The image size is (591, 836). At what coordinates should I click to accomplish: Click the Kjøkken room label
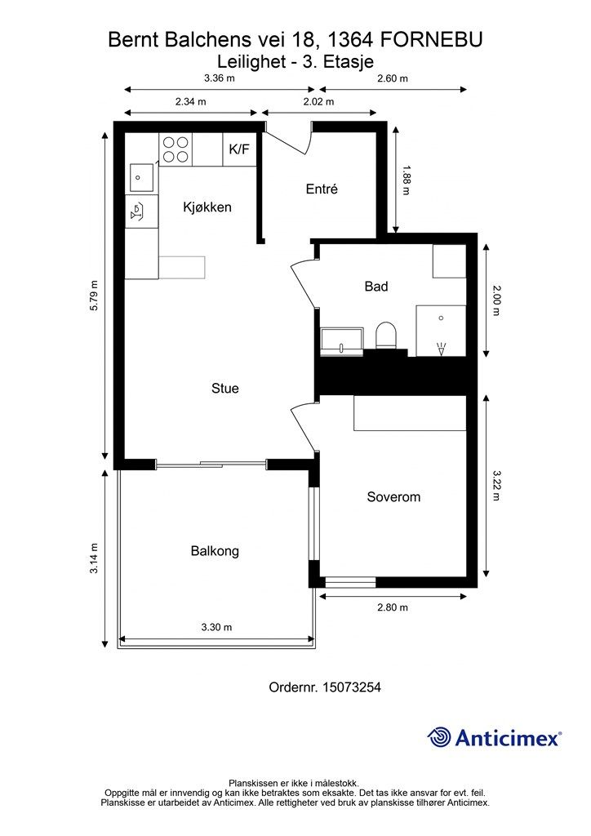point(207,207)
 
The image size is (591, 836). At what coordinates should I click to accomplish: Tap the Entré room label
point(322,189)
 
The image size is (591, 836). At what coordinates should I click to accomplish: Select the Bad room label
point(376,287)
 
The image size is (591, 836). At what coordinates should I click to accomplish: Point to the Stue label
point(224,388)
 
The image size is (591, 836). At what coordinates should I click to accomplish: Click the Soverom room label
point(393,497)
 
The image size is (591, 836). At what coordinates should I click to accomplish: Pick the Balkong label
point(215,551)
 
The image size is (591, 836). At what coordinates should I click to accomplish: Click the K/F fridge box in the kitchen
point(239,149)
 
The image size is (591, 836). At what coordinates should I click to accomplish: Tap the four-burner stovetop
point(176,149)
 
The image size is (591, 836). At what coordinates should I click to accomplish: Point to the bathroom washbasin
point(342,340)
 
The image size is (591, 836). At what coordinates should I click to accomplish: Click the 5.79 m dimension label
point(95,296)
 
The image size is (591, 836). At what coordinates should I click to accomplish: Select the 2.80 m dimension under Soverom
point(393,607)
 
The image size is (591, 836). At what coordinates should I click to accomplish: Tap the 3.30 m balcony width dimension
point(216,627)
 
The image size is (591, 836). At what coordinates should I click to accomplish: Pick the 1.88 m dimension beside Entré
point(406,180)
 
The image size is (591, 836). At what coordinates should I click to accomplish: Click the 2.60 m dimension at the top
point(393,78)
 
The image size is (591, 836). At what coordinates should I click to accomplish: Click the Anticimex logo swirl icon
point(439,738)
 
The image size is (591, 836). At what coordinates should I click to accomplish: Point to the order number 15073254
point(352,687)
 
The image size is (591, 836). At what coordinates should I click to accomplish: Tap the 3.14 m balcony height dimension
point(95,558)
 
